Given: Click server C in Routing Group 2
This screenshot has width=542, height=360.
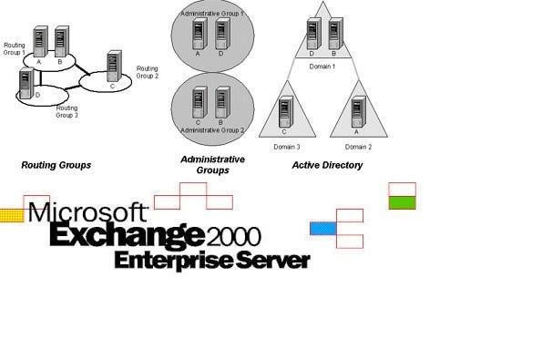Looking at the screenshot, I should (114, 66).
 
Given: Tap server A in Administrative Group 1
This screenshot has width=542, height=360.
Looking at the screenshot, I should (198, 35).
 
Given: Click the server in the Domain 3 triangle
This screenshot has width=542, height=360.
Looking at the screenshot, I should (285, 114).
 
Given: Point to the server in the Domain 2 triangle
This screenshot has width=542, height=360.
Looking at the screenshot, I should (356, 114).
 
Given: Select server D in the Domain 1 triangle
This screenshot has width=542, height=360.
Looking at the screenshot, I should (312, 34).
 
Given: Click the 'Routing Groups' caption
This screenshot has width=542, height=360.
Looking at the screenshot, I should (56, 165).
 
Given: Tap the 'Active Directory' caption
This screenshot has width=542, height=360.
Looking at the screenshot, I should (327, 165).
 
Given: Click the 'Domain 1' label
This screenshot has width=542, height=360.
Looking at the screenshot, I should (322, 67).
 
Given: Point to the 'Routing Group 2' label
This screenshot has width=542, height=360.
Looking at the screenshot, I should (148, 72).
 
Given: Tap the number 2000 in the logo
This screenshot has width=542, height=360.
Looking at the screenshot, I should (234, 237).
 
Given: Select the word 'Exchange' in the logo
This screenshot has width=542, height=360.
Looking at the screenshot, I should (126, 235).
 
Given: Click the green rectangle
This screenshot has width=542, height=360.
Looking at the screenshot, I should (402, 202).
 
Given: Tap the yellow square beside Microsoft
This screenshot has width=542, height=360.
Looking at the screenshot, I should (11, 216).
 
